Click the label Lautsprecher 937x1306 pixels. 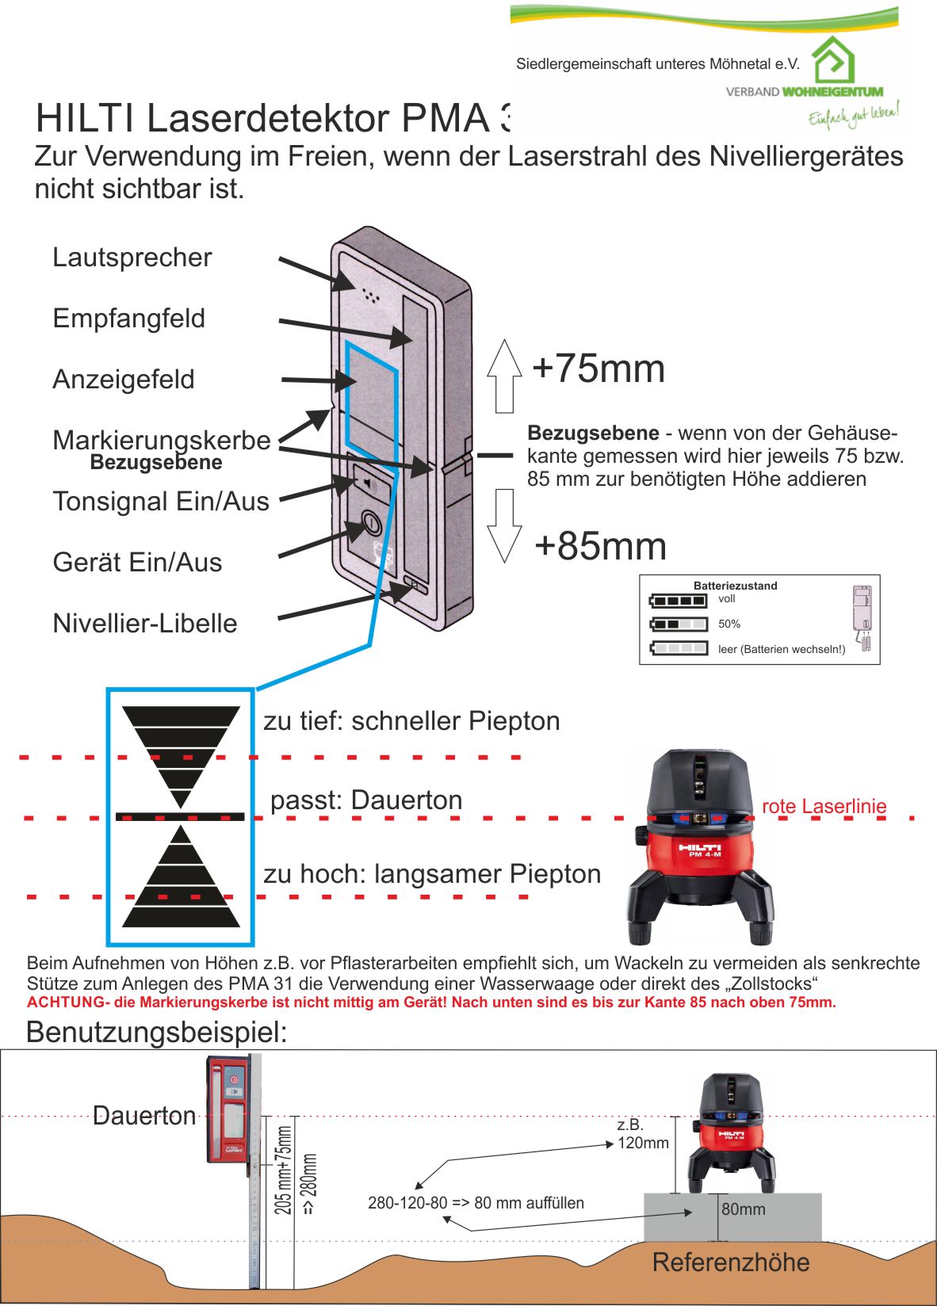point(132,258)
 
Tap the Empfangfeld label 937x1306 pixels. point(129,319)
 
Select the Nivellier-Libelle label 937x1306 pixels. point(145,624)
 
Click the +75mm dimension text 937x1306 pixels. point(599,369)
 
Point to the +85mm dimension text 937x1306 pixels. point(600,546)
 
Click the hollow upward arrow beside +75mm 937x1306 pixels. point(504,376)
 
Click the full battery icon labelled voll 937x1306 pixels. point(678,601)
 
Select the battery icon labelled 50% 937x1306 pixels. point(678,624)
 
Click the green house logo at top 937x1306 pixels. point(834,59)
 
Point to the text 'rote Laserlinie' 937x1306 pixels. point(824,807)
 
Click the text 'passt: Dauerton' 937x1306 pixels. point(366,800)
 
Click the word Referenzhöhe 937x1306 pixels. point(731,1262)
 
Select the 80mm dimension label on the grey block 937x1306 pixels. point(744,1209)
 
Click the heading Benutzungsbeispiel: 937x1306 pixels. point(156,1033)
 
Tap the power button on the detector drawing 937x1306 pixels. point(370,523)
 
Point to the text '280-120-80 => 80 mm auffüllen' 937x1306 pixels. point(476,1203)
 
